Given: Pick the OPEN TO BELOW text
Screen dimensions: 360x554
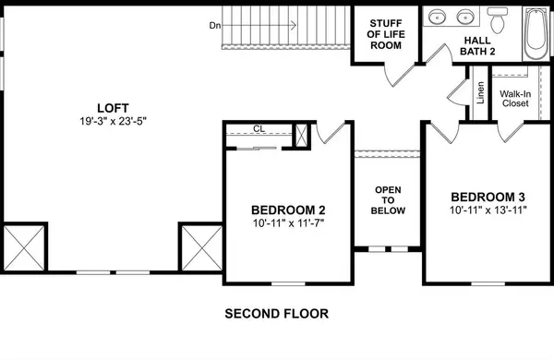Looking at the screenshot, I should [x=387, y=199].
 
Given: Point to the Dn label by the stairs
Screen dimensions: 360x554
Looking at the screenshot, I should [x=215, y=26].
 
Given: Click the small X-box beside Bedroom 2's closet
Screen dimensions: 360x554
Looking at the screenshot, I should [x=300, y=135].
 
